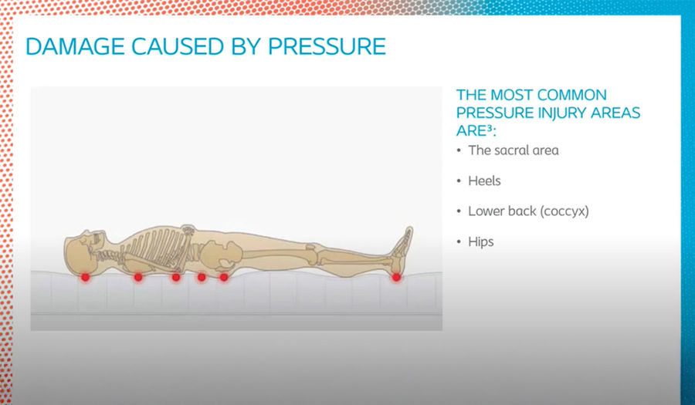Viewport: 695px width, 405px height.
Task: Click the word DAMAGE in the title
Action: (x=75, y=46)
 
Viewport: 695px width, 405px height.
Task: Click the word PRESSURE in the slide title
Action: (x=327, y=46)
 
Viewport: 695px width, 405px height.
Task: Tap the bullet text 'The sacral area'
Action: (x=514, y=150)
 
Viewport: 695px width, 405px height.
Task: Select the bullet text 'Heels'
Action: (x=484, y=181)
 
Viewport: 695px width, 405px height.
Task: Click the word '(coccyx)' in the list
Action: (x=564, y=211)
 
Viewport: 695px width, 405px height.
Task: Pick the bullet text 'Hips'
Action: (x=481, y=241)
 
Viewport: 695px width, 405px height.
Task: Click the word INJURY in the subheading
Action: (x=561, y=113)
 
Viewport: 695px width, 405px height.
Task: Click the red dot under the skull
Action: (x=85, y=277)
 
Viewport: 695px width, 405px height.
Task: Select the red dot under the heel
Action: (x=396, y=277)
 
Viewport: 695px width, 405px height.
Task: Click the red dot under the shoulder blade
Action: (x=138, y=277)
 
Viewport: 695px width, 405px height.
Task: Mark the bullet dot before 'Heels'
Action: (x=459, y=181)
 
